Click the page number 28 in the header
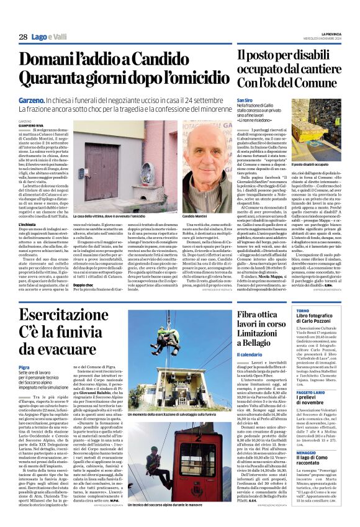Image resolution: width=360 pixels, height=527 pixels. [x=22, y=37]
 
